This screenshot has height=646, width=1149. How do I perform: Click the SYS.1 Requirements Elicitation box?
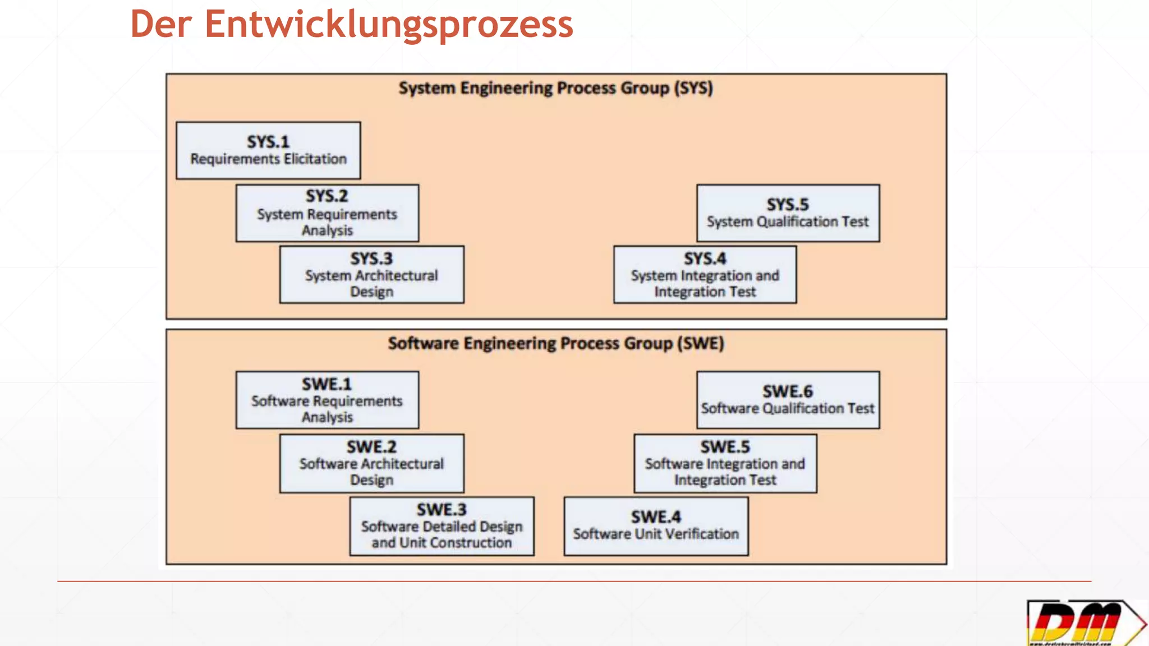(x=268, y=150)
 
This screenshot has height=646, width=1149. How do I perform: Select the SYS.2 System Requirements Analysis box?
(x=327, y=213)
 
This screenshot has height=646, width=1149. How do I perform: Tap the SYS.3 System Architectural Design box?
(x=371, y=275)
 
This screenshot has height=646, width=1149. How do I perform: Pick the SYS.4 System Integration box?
(x=705, y=275)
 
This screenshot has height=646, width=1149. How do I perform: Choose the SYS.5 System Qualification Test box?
(x=788, y=213)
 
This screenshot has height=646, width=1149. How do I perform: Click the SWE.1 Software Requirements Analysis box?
(x=327, y=400)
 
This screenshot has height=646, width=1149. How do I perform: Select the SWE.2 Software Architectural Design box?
(x=371, y=463)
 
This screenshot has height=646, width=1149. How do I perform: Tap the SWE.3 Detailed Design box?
(x=442, y=526)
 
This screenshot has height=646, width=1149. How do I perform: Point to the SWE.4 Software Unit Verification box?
(x=656, y=526)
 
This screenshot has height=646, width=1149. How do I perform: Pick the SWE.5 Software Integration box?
(x=725, y=463)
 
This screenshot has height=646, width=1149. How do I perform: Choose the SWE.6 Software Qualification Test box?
(x=788, y=400)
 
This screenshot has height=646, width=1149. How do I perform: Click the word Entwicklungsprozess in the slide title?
(x=389, y=25)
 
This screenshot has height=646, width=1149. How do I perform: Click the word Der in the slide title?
(x=161, y=25)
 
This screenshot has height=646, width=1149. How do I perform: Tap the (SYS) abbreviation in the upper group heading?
(x=693, y=89)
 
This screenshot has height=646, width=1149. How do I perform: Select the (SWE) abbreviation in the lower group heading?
(x=701, y=343)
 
